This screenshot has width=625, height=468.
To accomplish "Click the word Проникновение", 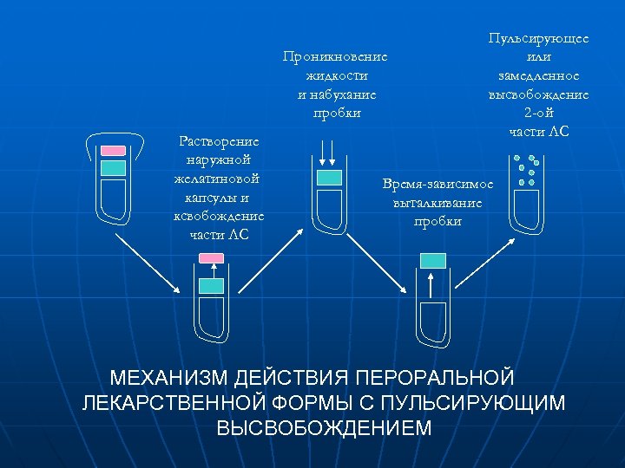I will click(335, 57).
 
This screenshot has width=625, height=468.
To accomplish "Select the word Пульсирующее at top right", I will click(539, 39).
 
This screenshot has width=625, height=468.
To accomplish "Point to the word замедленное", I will click(538, 76).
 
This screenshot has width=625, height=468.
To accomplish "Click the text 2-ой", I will click(538, 114).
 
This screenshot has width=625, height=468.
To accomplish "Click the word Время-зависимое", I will click(438, 184).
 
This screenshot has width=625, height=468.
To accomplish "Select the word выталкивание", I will click(437, 203).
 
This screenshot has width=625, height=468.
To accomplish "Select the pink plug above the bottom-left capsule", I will click(211, 257).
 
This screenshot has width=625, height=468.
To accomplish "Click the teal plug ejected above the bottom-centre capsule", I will click(432, 261).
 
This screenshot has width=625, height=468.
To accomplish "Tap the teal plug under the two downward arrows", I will click(329, 178).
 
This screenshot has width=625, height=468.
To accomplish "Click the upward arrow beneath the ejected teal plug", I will click(432, 288).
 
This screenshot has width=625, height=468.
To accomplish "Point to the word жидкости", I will click(335, 76).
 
